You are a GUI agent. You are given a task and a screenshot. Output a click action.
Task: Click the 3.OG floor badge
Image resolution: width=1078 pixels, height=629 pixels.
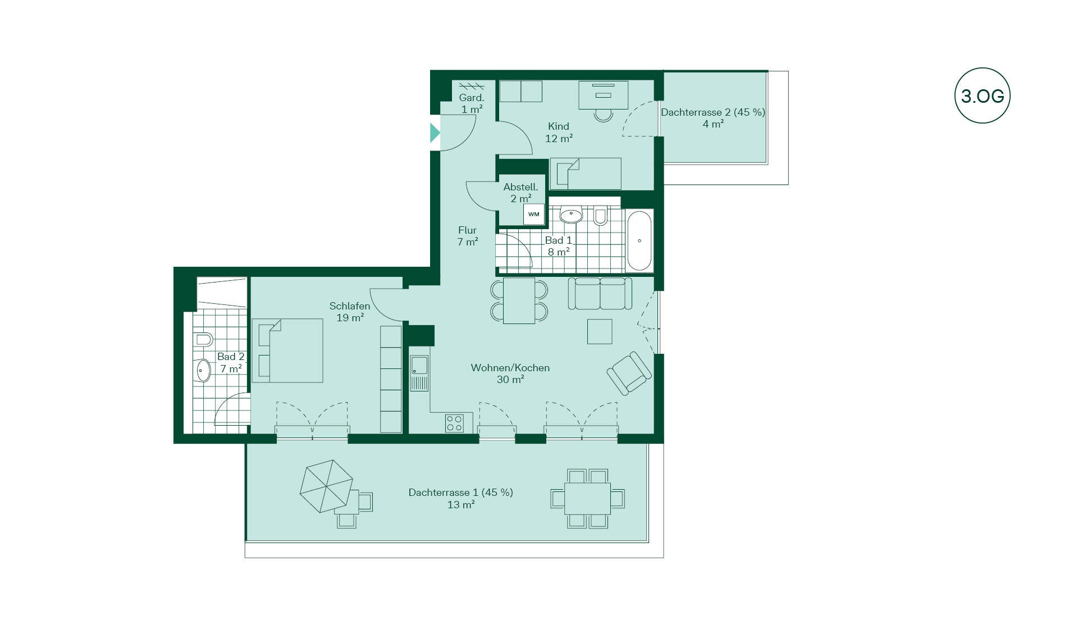click(x=982, y=96)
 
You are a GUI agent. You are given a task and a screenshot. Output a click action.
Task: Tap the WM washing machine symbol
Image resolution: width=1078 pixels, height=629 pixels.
click(x=533, y=214)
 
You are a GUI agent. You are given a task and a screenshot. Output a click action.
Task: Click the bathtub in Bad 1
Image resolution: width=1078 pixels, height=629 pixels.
click(x=640, y=241)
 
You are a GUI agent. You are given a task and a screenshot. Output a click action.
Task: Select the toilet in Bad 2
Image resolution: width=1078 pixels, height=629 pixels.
click(x=203, y=339)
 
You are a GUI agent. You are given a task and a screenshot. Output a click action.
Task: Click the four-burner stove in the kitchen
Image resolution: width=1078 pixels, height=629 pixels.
click(x=454, y=423)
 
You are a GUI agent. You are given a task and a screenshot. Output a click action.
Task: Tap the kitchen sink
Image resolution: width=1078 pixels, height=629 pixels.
click(x=419, y=373)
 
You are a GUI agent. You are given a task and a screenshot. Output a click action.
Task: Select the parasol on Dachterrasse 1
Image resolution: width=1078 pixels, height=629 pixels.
click(x=327, y=486)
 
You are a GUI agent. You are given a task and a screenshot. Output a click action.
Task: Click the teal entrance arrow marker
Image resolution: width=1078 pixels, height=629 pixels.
click(x=435, y=133)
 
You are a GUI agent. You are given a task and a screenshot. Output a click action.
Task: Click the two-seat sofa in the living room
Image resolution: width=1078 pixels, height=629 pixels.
click(x=600, y=293)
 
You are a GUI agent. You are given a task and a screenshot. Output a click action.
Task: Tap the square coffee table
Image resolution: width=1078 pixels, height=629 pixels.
click(x=600, y=331)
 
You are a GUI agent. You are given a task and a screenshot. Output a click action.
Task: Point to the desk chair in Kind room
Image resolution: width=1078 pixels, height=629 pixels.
click(x=604, y=115)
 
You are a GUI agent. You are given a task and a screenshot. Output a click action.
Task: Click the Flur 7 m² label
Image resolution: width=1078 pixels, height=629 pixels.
click(x=467, y=236)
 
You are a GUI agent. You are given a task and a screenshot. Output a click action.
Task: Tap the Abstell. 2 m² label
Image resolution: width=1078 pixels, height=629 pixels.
click(x=520, y=193)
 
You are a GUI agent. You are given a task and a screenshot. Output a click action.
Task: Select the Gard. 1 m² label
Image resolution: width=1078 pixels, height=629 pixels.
click(x=472, y=103)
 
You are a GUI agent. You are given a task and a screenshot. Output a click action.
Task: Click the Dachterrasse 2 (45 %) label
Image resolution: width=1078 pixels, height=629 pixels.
click(x=713, y=112)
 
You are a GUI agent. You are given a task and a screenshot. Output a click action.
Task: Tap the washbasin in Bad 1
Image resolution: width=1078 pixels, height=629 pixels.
click(x=572, y=214)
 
